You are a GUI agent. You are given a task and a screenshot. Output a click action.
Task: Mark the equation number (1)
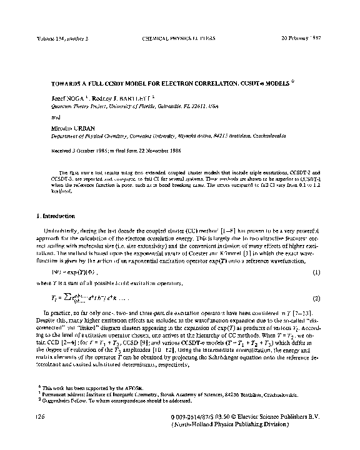tap(316, 273)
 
